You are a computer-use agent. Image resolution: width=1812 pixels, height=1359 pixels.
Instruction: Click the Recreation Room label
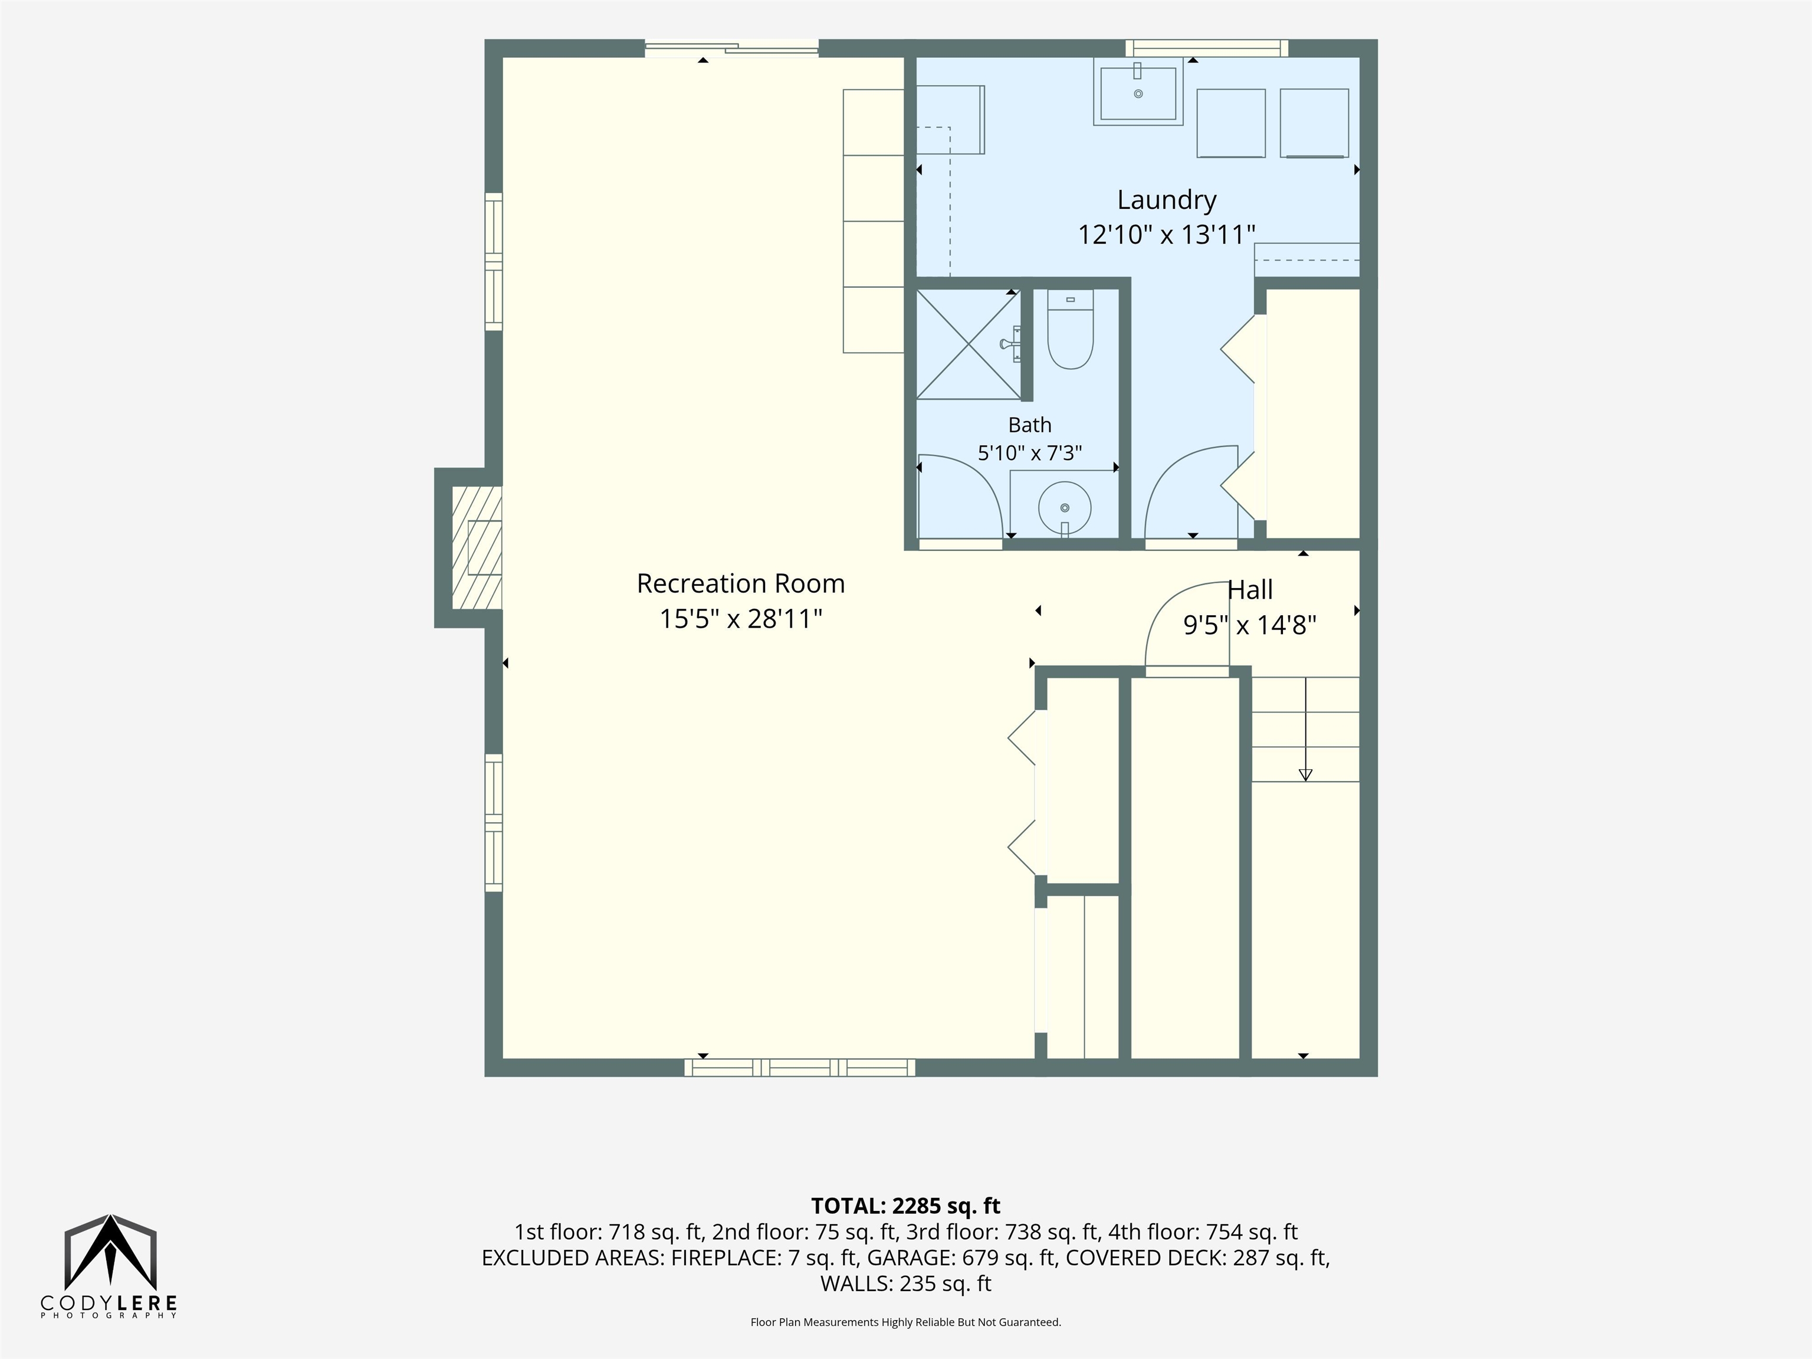tap(740, 583)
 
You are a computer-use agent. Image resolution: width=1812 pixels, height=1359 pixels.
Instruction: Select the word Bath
tap(1030, 425)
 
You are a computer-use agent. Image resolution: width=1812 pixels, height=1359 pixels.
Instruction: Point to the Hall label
tap(1250, 590)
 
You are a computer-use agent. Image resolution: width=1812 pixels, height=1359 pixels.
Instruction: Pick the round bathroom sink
tap(1064, 508)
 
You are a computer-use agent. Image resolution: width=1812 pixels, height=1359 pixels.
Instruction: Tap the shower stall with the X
tap(969, 344)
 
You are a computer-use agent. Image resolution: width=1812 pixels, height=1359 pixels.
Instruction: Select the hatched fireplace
tap(477, 548)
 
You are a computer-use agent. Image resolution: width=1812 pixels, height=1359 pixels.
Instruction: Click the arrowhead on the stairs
tap(1306, 774)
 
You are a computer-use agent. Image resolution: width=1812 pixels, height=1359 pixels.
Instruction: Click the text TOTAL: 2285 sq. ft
tap(905, 1206)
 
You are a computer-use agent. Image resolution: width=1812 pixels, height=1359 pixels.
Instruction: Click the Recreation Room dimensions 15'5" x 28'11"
tap(740, 619)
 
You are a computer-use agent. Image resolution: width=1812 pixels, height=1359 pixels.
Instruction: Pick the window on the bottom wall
tap(799, 1068)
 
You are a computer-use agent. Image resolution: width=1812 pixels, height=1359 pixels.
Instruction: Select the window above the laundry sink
tap(1206, 48)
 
